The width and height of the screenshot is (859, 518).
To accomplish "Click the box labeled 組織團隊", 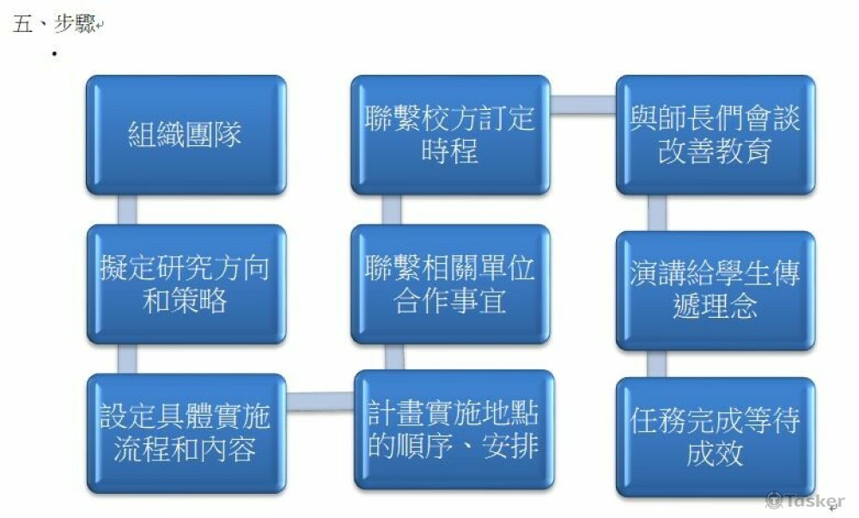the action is point(186,135).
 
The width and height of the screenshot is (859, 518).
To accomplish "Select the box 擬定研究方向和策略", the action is point(186,284).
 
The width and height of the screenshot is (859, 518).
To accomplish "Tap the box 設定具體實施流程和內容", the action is point(186,434).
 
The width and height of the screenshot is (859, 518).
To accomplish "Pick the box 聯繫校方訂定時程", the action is point(450,135).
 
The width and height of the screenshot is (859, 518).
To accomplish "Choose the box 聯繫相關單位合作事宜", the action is point(450,284).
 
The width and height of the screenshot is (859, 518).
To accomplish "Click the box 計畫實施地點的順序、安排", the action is point(454,430).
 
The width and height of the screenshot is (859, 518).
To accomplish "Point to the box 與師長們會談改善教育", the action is point(716,135).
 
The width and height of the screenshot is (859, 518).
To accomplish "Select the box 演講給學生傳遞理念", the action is point(716,290).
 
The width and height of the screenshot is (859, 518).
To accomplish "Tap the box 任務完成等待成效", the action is point(716,437).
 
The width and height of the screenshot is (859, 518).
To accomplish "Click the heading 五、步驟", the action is point(54,23).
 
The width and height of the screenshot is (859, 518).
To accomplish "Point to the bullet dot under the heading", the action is point(54,53).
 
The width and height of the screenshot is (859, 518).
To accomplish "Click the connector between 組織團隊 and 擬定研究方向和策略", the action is point(127,210).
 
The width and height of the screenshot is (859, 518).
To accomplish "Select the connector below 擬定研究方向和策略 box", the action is point(127,359).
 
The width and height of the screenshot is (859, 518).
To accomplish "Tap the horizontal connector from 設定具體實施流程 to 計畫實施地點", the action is point(320,401).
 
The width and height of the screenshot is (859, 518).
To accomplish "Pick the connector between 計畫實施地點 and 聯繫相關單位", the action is point(394,357).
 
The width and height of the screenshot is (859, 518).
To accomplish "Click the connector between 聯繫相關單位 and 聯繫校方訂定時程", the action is point(391,210).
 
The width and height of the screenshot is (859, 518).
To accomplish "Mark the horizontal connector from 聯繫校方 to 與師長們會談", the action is point(583,105).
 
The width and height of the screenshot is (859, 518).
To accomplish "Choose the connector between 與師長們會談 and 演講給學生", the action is point(657,212).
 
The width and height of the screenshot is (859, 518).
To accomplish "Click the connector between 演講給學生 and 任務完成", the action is point(657,363).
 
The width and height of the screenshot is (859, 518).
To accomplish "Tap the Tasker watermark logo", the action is point(805,501).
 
